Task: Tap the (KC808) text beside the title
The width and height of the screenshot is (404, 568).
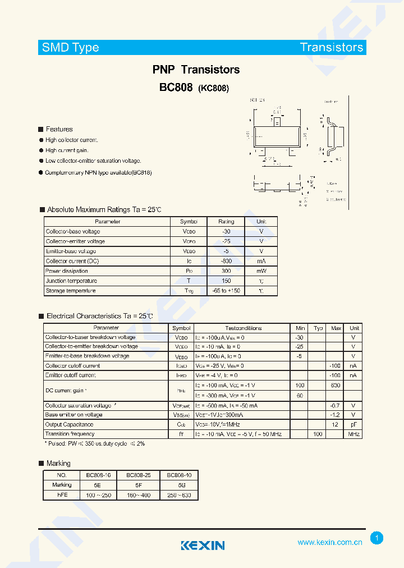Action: click(214, 88)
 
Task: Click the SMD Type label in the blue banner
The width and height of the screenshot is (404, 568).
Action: click(71, 48)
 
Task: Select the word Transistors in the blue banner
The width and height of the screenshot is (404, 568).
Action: click(331, 48)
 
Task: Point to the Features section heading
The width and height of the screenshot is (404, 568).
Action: click(59, 129)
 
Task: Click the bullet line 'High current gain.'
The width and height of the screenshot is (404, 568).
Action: click(67, 150)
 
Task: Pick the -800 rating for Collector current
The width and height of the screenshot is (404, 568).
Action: click(226, 261)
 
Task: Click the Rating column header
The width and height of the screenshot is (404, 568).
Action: click(226, 222)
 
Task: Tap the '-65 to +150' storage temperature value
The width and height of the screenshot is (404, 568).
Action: click(226, 291)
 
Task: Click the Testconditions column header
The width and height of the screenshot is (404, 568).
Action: click(243, 328)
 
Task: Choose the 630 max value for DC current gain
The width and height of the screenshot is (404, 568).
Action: click(336, 385)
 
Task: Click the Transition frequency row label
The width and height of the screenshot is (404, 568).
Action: click(70, 434)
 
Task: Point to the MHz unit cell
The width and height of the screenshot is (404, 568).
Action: click(353, 434)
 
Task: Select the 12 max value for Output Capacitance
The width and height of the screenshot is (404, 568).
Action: click(336, 425)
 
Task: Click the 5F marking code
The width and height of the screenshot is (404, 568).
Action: click(138, 485)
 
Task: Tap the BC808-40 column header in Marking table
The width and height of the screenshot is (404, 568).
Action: click(179, 475)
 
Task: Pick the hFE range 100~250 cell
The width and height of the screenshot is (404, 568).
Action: click(99, 495)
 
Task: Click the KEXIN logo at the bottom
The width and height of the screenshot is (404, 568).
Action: click(203, 546)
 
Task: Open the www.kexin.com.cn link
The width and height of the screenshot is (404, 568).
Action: click(329, 542)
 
